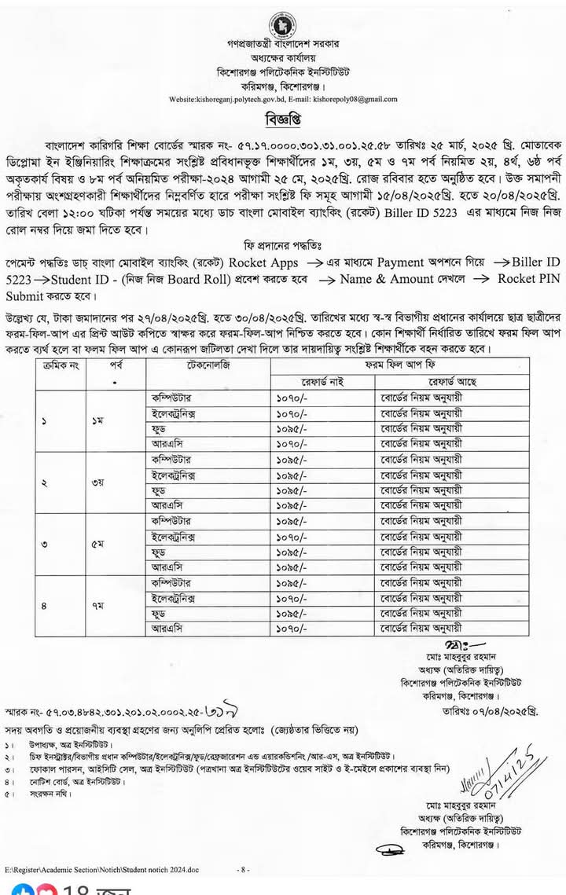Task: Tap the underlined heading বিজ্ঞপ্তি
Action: (283, 120)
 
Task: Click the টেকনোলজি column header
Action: (208, 367)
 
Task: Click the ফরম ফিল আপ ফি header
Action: (399, 367)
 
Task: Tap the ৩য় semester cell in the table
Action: (97, 482)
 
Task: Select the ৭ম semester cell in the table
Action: (97, 606)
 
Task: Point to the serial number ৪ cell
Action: (44, 606)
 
